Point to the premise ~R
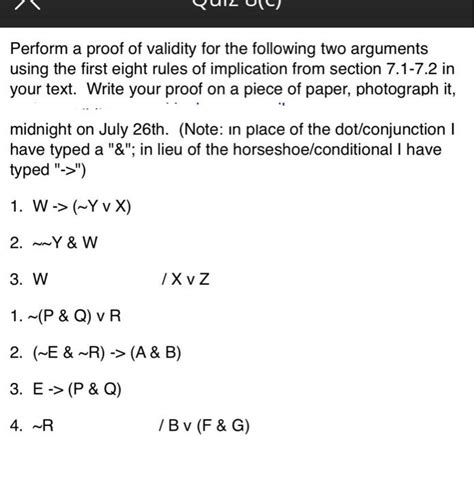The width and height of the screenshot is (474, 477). click(x=44, y=425)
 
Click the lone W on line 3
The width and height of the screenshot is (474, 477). click(x=40, y=279)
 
